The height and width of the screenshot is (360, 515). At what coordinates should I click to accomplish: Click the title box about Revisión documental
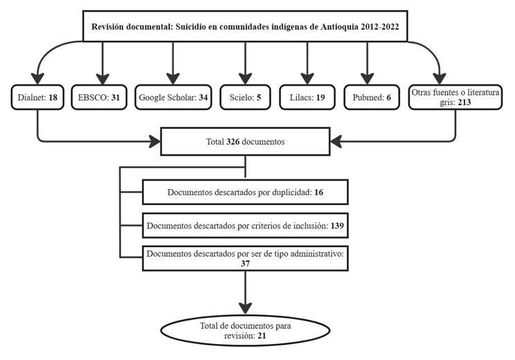pyautogui.click(x=246, y=28)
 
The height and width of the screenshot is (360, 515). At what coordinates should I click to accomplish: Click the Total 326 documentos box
pyautogui.click(x=246, y=142)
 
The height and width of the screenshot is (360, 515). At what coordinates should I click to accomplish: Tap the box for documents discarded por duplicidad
pyautogui.click(x=244, y=192)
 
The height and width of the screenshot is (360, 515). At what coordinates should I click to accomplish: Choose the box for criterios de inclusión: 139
pyautogui.click(x=244, y=225)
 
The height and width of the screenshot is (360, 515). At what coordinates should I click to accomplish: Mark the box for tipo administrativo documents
pyautogui.click(x=244, y=259)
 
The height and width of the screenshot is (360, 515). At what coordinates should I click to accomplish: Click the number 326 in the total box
pyautogui.click(x=237, y=142)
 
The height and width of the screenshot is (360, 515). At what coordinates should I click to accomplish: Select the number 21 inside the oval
pyautogui.click(x=260, y=336)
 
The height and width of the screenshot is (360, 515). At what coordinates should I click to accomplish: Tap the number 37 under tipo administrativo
pyautogui.click(x=244, y=264)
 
